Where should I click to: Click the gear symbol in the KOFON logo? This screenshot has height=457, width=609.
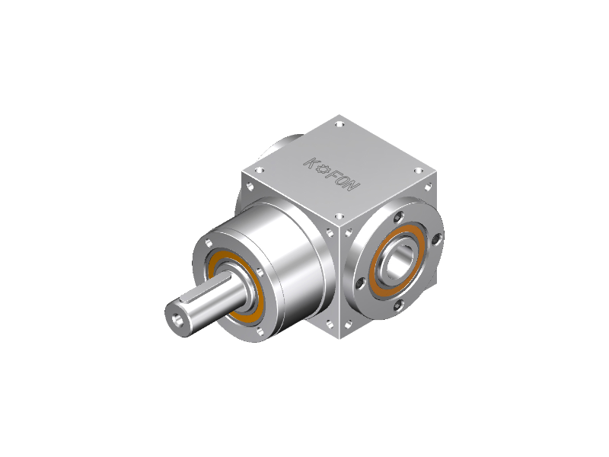323,170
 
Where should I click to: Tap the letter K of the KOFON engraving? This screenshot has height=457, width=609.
311,163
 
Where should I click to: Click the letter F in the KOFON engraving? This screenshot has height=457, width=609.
333,176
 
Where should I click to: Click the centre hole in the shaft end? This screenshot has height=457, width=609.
179,321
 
